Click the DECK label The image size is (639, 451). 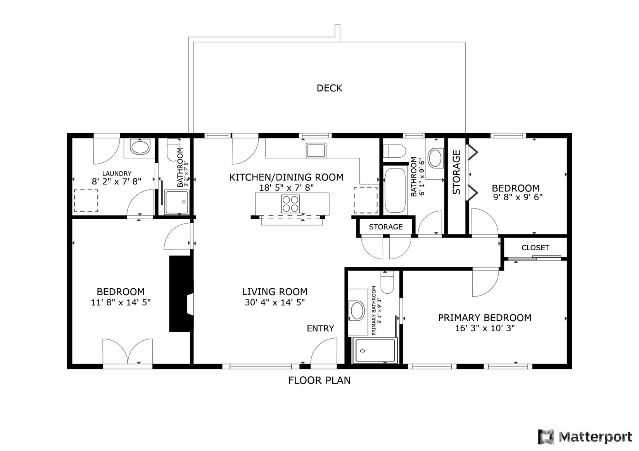329,88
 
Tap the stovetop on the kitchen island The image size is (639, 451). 290,204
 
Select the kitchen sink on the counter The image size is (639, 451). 316,150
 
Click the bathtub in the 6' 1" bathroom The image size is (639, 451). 395,190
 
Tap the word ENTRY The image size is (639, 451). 320,329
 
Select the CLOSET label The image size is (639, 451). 535,248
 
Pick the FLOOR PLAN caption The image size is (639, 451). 319,380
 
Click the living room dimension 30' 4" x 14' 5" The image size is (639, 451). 275,302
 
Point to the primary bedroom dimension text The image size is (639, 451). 485,328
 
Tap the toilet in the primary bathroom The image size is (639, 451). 387,282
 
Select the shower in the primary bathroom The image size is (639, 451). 375,350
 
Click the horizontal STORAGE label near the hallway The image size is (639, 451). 386,227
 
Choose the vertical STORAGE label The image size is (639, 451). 456,172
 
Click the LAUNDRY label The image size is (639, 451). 117,173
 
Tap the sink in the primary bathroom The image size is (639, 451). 357,310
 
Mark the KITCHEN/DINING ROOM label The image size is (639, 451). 286,177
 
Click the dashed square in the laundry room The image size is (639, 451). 86,201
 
